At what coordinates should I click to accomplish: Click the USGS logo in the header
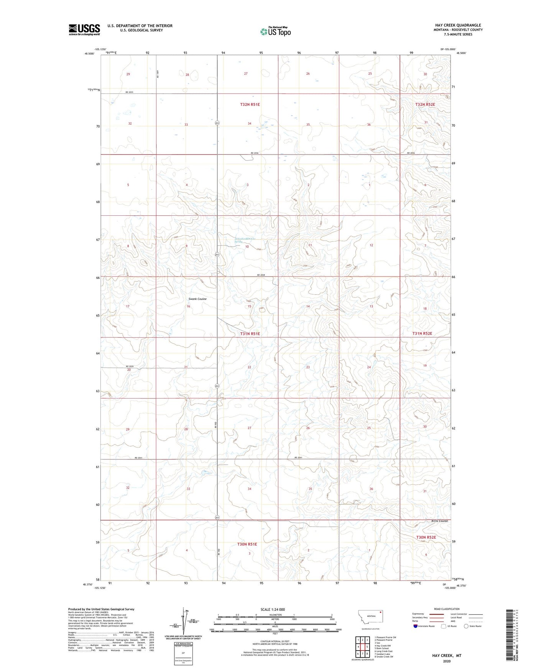84,30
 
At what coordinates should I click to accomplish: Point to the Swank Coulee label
197,299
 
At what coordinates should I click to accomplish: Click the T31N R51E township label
250,334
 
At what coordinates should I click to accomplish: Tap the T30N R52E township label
426,538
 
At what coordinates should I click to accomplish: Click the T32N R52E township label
425,104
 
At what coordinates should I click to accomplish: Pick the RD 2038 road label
261,275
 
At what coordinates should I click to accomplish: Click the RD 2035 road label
129,92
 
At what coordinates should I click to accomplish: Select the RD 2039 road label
130,366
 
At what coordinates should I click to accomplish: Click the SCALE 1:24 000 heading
273,609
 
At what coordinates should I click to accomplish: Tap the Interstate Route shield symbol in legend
416,626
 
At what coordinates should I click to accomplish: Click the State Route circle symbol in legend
466,626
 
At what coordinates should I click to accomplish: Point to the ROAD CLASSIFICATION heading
447,609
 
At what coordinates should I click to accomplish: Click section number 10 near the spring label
247,247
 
